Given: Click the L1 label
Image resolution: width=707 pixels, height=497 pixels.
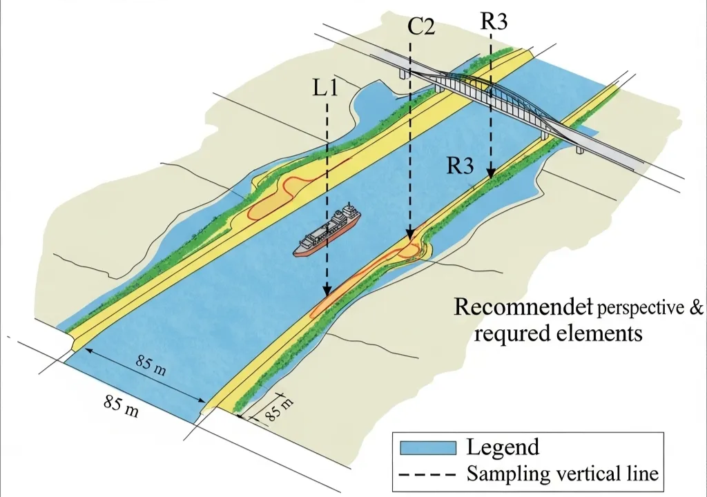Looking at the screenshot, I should (325, 90).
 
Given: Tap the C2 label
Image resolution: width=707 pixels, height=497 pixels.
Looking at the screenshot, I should (420, 28).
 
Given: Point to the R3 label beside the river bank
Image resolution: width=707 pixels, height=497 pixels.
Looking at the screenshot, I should (460, 166).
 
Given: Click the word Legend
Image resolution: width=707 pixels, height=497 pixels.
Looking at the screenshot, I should (503, 447).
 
